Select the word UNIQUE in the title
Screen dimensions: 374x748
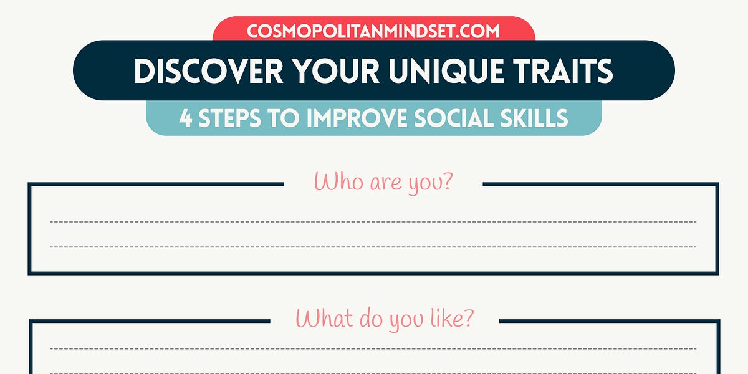[446, 71]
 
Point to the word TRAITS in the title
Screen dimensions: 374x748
[565, 71]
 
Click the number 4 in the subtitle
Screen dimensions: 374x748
[185, 118]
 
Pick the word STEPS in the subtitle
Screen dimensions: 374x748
[236, 118]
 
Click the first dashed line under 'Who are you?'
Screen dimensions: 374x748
[373, 222]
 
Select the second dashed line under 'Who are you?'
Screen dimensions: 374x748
[373, 247]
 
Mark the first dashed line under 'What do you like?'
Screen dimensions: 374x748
[373, 348]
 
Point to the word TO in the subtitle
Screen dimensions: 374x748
[290, 118]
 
